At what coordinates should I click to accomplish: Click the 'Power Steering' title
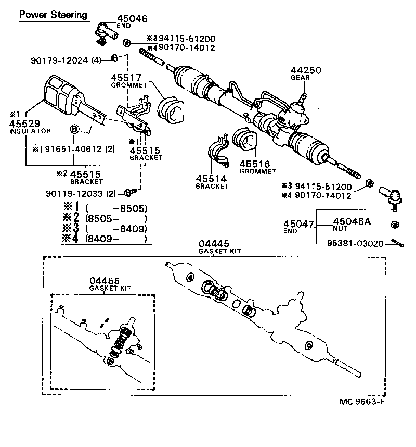tap(53, 15)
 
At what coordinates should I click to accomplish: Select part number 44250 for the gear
tap(306, 70)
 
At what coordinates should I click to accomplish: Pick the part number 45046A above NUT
tap(352, 221)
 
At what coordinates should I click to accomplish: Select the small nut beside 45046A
tap(394, 225)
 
